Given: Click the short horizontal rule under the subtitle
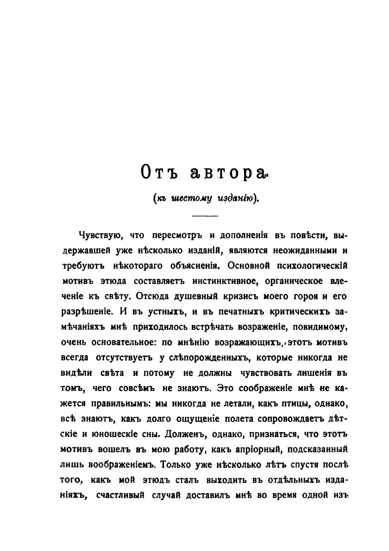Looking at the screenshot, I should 204,216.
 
